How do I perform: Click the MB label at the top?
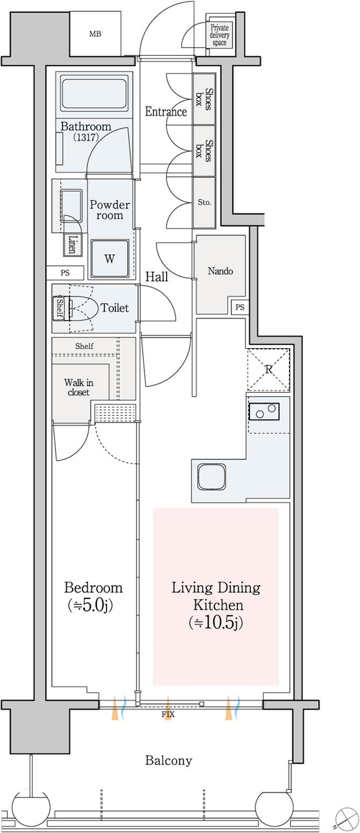95,34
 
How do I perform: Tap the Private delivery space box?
219,35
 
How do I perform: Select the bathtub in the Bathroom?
94,94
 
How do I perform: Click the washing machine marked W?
110,258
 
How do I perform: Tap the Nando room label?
220,271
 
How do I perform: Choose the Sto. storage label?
204,203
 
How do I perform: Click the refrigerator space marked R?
269,370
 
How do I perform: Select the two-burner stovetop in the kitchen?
264,412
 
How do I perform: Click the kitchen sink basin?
212,477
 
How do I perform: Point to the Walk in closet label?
79,387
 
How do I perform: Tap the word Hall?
156,277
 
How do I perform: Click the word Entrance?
166,112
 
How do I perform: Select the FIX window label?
168,714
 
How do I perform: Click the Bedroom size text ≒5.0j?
90,606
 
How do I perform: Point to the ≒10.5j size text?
215,623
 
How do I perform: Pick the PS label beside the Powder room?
65,273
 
